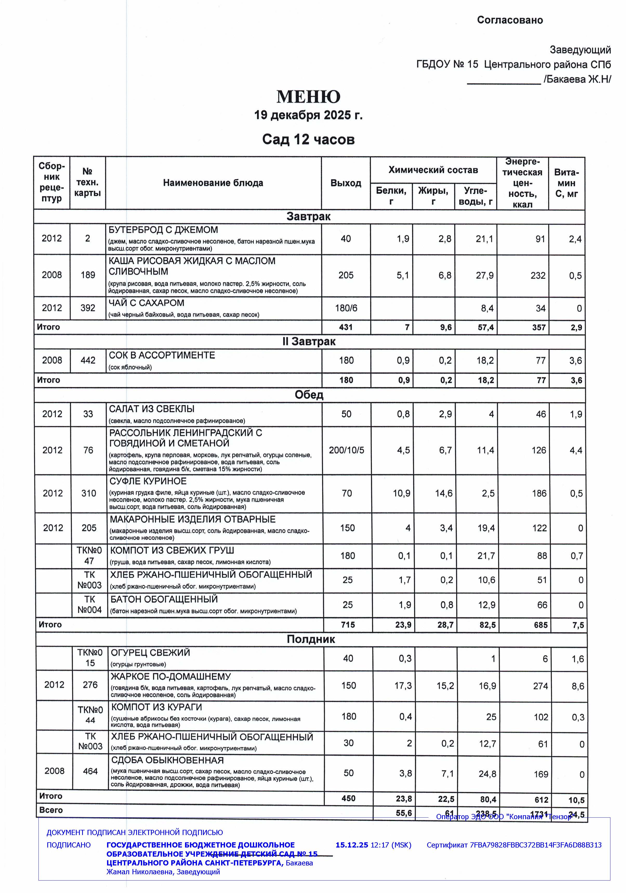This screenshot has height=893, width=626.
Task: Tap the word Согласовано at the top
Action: [x=510, y=20]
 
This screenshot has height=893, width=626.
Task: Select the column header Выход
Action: [x=346, y=183]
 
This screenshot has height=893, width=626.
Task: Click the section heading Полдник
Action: [x=311, y=639]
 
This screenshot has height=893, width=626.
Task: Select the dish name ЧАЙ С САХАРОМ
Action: [x=146, y=303]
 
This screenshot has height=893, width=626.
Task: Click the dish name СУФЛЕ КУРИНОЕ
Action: [x=148, y=481]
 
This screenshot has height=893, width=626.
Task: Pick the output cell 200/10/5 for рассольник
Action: [x=346, y=450]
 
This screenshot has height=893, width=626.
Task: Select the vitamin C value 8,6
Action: [x=577, y=686]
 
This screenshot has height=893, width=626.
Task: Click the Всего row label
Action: [x=51, y=810]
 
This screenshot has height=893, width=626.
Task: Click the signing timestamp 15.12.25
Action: [x=352, y=845]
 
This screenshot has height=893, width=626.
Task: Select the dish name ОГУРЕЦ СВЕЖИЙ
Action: [x=150, y=652]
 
